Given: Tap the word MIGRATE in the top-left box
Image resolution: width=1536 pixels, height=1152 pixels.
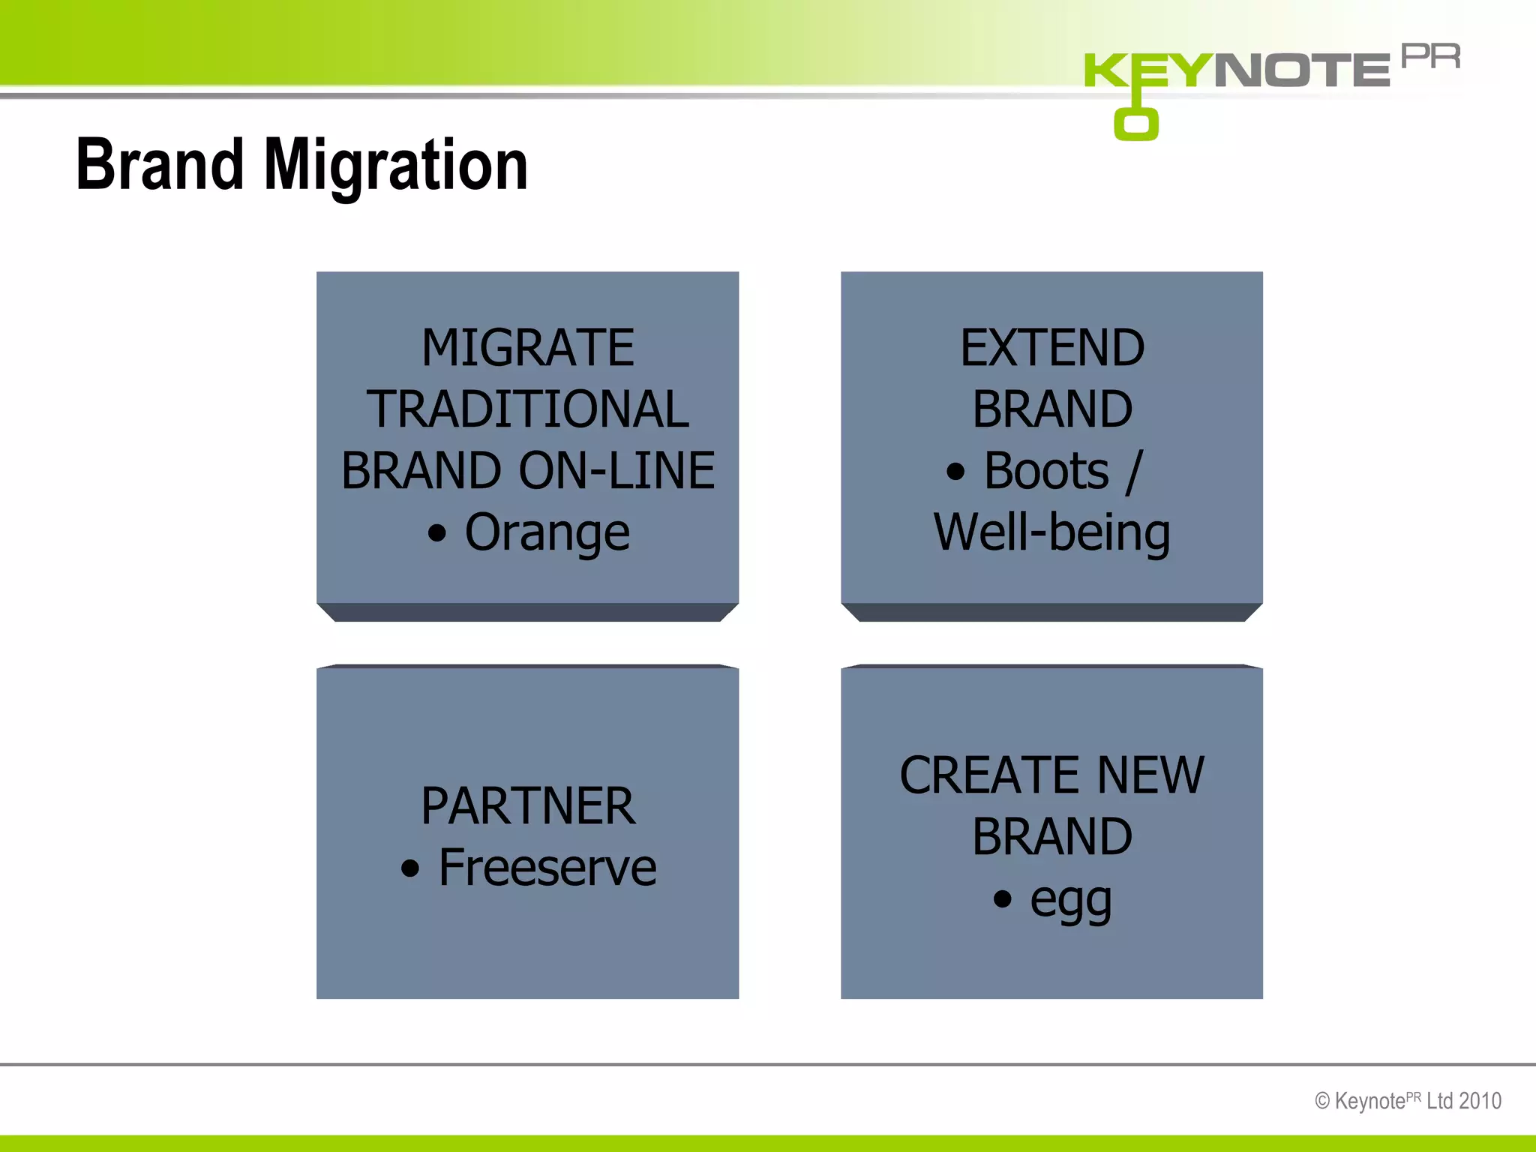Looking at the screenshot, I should click(527, 348).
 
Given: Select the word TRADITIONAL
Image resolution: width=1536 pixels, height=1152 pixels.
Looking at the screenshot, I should click(527, 409).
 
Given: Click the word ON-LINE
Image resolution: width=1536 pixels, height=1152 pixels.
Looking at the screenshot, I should click(616, 471).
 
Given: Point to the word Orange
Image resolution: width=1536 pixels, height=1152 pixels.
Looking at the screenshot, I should click(547, 532).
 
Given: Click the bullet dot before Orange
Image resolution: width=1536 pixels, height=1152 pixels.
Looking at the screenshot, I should click(436, 534).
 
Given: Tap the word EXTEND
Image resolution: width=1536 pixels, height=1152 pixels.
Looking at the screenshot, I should click(1051, 348).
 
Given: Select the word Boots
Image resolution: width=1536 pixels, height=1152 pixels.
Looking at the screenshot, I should click(1045, 471).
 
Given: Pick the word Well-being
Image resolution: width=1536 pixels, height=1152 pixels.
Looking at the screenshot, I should click(1051, 532).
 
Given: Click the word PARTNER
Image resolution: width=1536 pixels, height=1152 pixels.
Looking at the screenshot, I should click(527, 806).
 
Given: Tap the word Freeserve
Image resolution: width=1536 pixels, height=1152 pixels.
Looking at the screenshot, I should click(547, 868).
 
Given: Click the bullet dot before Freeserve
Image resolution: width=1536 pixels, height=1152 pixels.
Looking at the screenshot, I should click(409, 869).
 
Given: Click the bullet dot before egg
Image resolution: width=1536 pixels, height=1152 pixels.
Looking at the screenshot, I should click(1002, 898).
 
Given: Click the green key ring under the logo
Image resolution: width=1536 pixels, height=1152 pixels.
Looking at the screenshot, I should click(1135, 124).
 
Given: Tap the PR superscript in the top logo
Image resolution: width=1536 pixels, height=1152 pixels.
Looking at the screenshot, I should click(1430, 56).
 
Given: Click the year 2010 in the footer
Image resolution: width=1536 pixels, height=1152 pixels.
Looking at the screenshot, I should click(1480, 1101).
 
